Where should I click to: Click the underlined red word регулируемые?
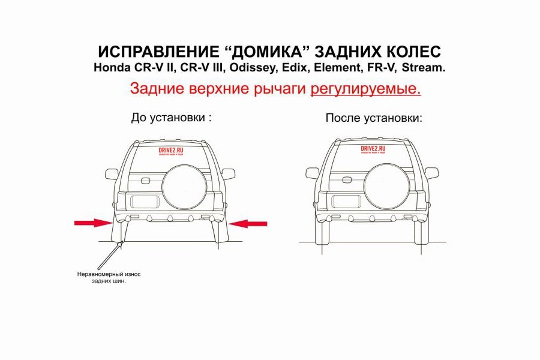(x=365, y=89)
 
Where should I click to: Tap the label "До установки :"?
(x=172, y=118)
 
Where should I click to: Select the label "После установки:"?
(x=374, y=118)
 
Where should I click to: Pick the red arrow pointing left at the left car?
(x=248, y=223)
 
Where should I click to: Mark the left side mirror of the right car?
(x=312, y=173)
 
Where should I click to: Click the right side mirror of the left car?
(x=229, y=173)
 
